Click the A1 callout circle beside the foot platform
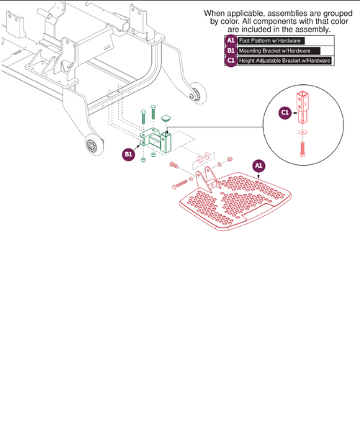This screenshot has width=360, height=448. [x=259, y=166]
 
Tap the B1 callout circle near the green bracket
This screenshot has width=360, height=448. [x=129, y=154]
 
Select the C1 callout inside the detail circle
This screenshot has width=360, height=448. [x=284, y=112]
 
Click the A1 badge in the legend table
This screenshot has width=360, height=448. [x=230, y=40]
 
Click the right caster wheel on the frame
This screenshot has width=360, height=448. [x=194, y=94]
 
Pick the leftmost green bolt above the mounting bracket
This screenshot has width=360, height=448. [x=143, y=116]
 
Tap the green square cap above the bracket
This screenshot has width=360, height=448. [x=167, y=115]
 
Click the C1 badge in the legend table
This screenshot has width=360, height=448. [x=230, y=61]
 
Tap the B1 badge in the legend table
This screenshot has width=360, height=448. [x=230, y=51]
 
